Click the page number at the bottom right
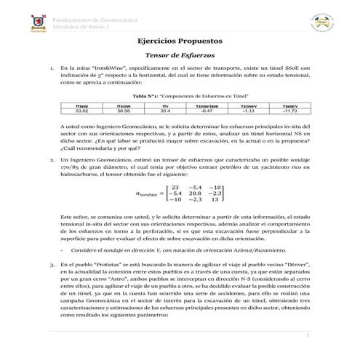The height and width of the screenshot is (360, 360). point(308,335)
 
